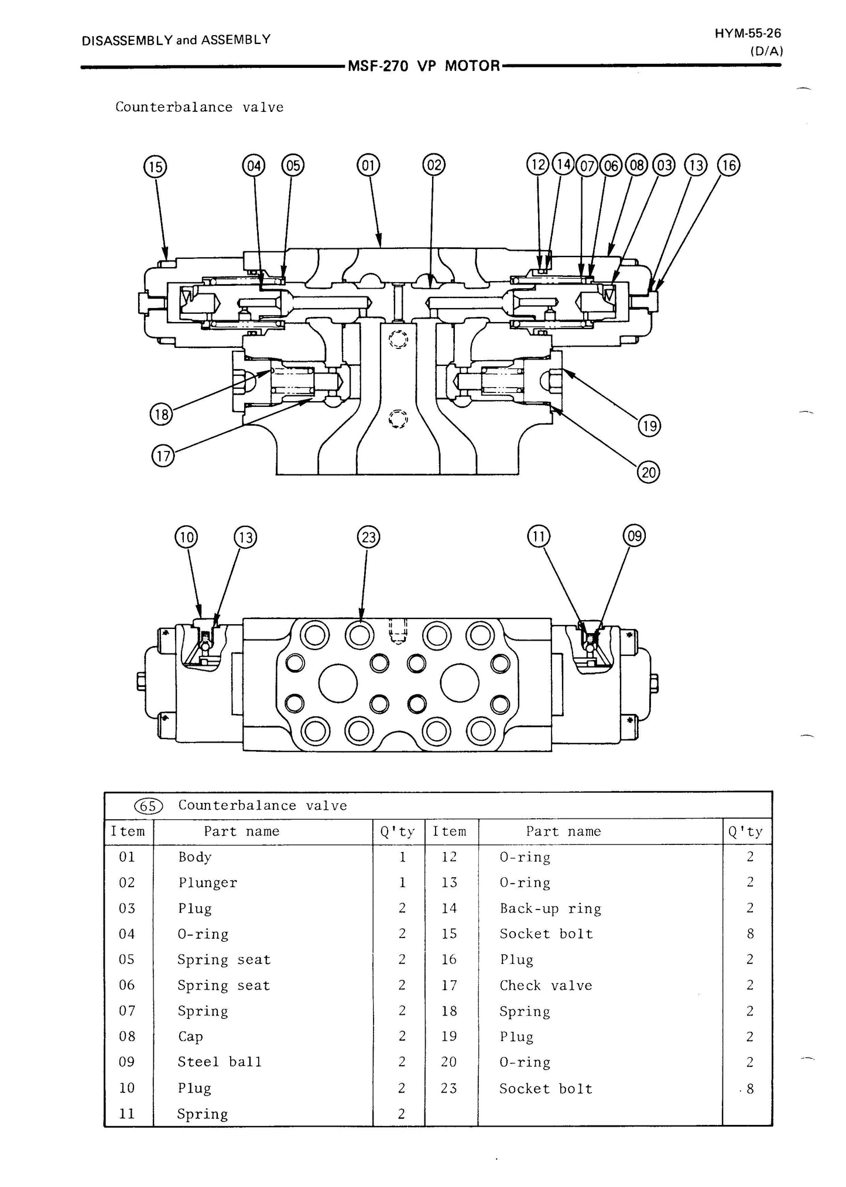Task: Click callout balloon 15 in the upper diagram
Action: click(x=155, y=167)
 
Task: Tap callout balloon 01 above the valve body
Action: click(x=368, y=166)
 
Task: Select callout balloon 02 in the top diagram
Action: click(x=434, y=165)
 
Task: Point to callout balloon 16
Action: click(x=729, y=166)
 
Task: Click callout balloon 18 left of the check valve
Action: click(x=161, y=415)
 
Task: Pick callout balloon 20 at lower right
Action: click(x=649, y=472)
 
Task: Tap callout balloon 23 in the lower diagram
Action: click(x=368, y=537)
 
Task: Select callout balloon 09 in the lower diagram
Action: click(x=635, y=536)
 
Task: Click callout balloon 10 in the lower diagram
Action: click(x=186, y=537)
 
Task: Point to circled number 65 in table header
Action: click(x=148, y=806)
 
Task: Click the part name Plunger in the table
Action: click(x=208, y=883)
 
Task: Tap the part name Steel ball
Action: click(x=220, y=1062)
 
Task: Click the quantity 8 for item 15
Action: click(x=750, y=934)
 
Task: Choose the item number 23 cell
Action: click(x=449, y=1088)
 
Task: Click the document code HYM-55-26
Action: click(x=748, y=33)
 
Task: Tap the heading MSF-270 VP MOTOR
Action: click(x=424, y=66)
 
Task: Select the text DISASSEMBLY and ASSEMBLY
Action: click(x=176, y=40)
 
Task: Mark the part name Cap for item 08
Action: click(x=191, y=1037)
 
